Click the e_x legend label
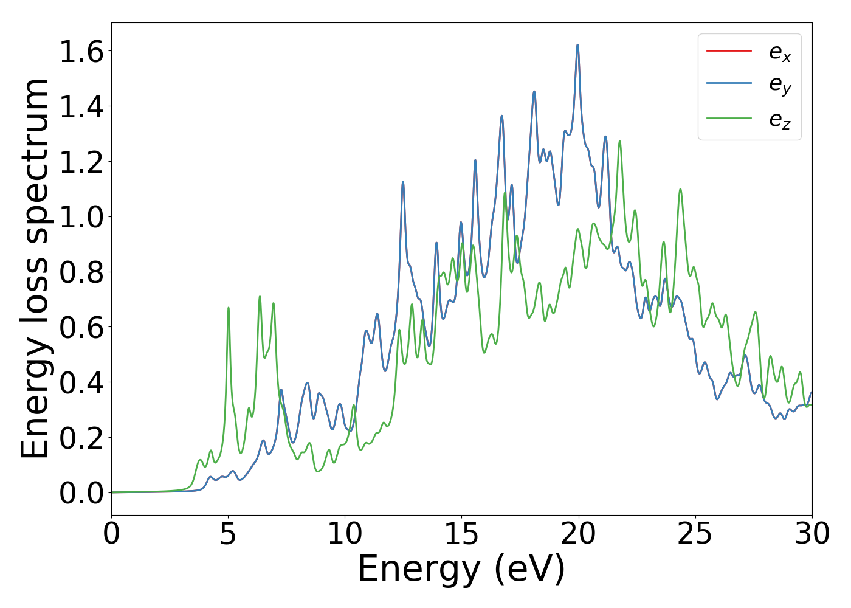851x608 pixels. [780, 54]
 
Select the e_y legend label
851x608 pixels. [780, 86]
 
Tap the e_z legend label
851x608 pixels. [780, 120]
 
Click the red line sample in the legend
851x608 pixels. [729, 50]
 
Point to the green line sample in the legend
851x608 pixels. [729, 118]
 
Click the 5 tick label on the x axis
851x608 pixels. [228, 534]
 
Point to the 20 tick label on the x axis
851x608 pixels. [578, 534]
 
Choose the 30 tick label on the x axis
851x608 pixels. [811, 534]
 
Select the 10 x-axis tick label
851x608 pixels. [345, 534]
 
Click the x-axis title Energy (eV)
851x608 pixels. [461, 570]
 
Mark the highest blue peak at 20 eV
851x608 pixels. [577, 45]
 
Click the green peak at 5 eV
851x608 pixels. [229, 308]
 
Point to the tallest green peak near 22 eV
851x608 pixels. [619, 142]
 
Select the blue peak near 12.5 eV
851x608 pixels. [402, 182]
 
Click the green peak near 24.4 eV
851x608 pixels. [680, 189]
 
